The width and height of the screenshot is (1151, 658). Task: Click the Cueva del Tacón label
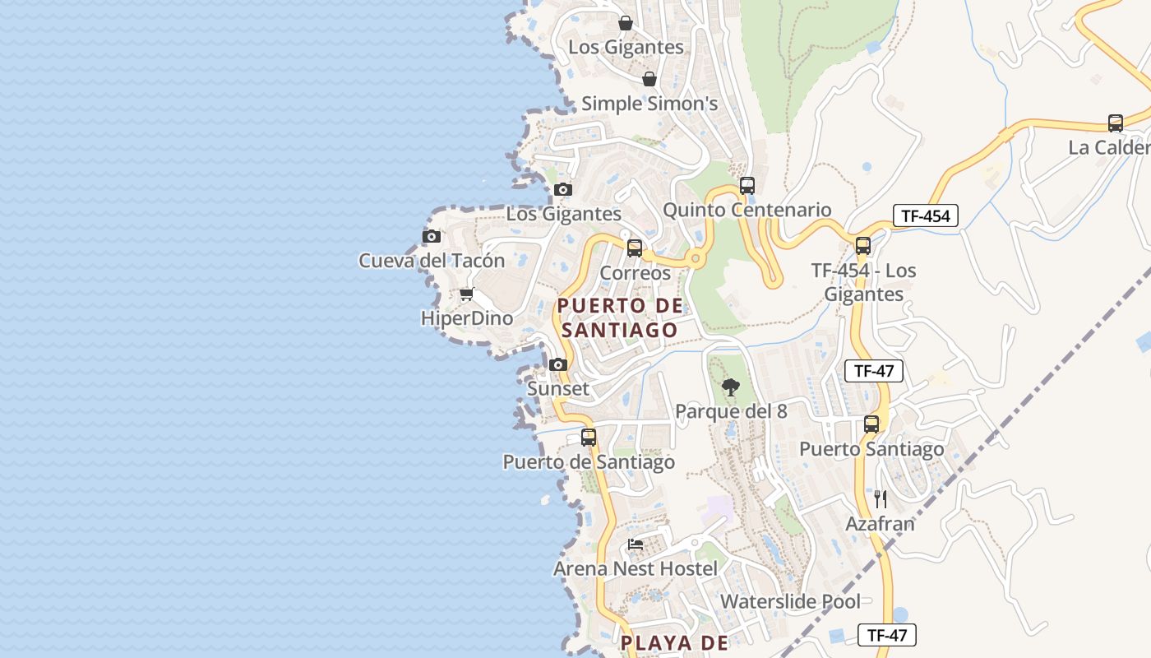point(432,261)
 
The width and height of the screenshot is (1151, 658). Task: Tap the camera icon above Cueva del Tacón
point(431,237)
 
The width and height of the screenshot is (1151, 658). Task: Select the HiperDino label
point(466,318)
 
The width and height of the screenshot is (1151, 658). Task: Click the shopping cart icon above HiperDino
point(466,294)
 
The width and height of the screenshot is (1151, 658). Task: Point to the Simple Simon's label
point(649,104)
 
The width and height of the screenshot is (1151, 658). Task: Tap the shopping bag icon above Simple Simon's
point(649,79)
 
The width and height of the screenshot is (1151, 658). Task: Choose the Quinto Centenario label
point(747,210)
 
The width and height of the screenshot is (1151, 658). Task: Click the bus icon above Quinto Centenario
point(747,186)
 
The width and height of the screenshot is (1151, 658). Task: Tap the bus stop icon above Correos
point(635,248)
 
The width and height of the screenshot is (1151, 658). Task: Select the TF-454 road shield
point(925,216)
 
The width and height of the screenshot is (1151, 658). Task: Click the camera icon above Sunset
point(558,364)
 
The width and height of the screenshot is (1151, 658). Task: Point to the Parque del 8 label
point(731,411)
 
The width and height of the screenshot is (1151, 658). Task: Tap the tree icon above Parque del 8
point(730,387)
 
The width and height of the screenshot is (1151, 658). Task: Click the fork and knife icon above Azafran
point(881,498)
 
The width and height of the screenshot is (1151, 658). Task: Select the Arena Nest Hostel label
point(635,568)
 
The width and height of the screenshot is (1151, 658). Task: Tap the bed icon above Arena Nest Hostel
point(635,544)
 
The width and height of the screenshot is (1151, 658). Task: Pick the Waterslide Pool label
point(790,601)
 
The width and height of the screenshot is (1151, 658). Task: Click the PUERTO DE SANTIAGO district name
point(620,317)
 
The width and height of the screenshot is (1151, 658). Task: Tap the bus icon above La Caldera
point(1115,123)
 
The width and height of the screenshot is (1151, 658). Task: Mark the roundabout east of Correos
point(696,259)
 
